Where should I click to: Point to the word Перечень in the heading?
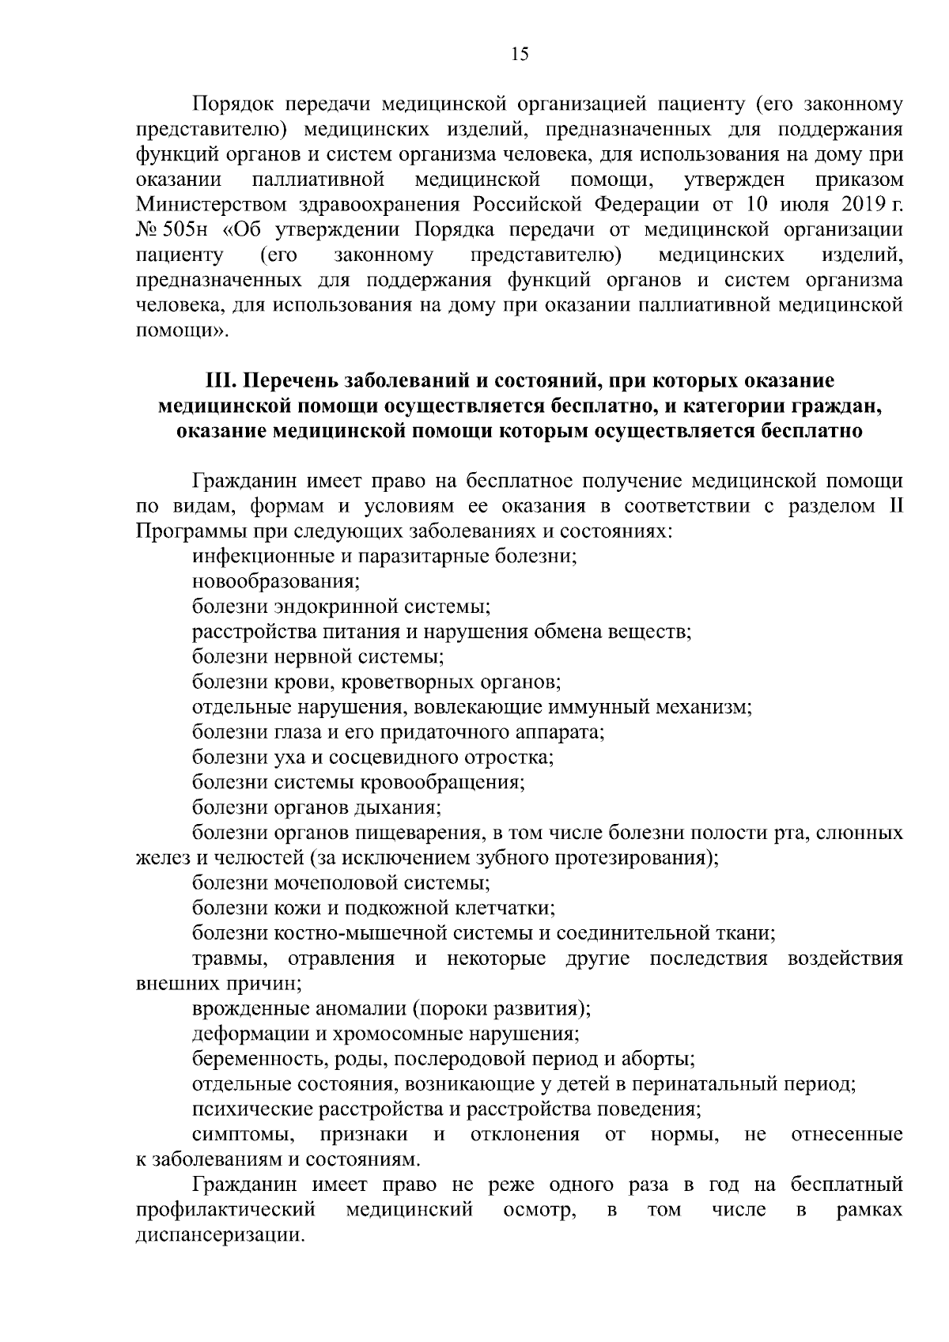point(289,380)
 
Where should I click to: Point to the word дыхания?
point(403,808)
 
